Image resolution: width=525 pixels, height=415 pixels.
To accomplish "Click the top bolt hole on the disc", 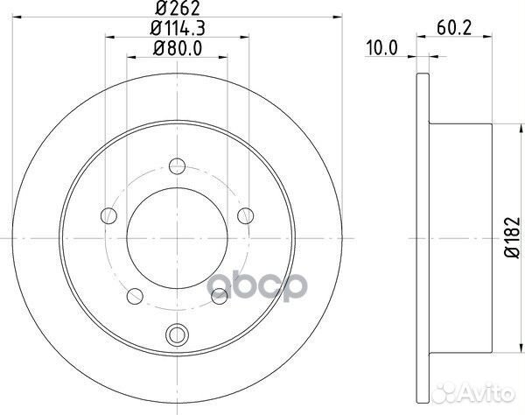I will pos(178,165).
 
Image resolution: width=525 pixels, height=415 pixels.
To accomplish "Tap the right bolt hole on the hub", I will pos(247,214).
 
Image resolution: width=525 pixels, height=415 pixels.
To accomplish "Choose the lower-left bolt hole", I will pos(136,297).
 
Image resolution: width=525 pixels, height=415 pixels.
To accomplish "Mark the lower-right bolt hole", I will pos(220,297).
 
